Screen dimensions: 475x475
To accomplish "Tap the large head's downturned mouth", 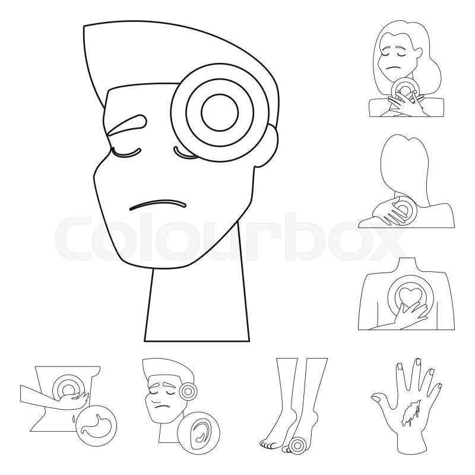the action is (x=157, y=204).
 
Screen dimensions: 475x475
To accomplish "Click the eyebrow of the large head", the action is (x=126, y=123).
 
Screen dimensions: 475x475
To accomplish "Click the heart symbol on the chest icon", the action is (x=408, y=295).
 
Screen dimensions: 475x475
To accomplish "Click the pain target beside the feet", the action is (x=297, y=445).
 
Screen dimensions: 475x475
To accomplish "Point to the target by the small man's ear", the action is (x=188, y=391).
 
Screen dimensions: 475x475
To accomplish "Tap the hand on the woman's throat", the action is (x=404, y=104).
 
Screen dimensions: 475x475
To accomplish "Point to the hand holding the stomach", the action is (x=74, y=400).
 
